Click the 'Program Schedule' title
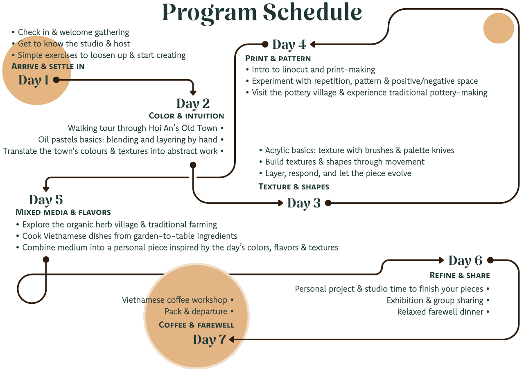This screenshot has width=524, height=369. [262, 12]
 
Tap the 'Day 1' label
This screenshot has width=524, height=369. [34, 80]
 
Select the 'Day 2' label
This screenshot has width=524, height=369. [193, 103]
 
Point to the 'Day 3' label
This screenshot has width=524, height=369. [304, 203]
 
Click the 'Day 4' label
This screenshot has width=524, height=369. [289, 44]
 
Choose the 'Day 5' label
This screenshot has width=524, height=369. [46, 200]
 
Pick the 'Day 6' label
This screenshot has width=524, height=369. [465, 261]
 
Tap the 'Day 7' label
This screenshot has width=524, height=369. [209, 340]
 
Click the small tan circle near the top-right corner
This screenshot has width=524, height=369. [498, 28]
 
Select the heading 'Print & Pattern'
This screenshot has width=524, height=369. [278, 59]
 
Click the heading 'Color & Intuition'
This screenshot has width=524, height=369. [186, 116]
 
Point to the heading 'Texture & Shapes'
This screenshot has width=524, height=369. [294, 187]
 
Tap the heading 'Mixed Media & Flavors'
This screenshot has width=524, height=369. [63, 212]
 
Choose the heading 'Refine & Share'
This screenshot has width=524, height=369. [460, 275]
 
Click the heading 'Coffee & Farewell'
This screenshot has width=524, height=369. [196, 325]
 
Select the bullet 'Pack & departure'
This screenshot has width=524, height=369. [196, 312]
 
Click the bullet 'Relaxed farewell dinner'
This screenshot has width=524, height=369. [440, 312]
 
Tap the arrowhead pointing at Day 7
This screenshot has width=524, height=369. [232, 339]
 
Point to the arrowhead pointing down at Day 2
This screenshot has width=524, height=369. [193, 93]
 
